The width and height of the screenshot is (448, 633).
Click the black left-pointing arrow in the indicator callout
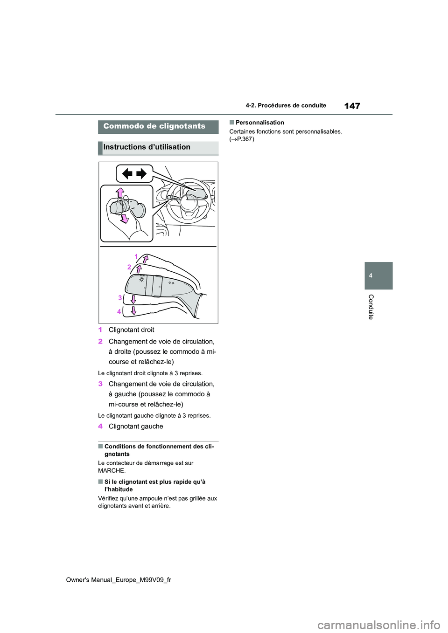(127, 174)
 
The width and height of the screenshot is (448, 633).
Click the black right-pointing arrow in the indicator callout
(141, 174)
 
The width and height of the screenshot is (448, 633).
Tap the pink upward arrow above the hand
(120, 192)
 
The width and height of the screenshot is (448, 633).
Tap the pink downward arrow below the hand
(125, 219)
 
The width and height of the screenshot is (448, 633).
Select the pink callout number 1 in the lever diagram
(136, 256)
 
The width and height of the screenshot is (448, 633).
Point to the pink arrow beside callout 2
(139, 269)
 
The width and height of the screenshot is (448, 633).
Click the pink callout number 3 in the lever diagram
(120, 297)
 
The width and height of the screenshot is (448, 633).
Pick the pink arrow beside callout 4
(134, 310)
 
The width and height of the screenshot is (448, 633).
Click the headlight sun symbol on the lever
(141, 279)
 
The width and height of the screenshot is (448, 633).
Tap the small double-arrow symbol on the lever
(171, 283)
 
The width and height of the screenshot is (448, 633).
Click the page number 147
(352, 106)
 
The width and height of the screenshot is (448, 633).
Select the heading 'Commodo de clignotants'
(154, 126)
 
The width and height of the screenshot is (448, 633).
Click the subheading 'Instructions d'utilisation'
(147, 147)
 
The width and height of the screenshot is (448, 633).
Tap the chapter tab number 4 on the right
(371, 275)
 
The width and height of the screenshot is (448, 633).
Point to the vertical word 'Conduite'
(371, 307)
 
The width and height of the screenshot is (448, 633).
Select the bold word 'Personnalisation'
(259, 123)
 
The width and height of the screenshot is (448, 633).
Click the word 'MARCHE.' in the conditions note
(112, 470)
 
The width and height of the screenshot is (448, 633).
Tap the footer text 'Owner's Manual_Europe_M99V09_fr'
(119, 579)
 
